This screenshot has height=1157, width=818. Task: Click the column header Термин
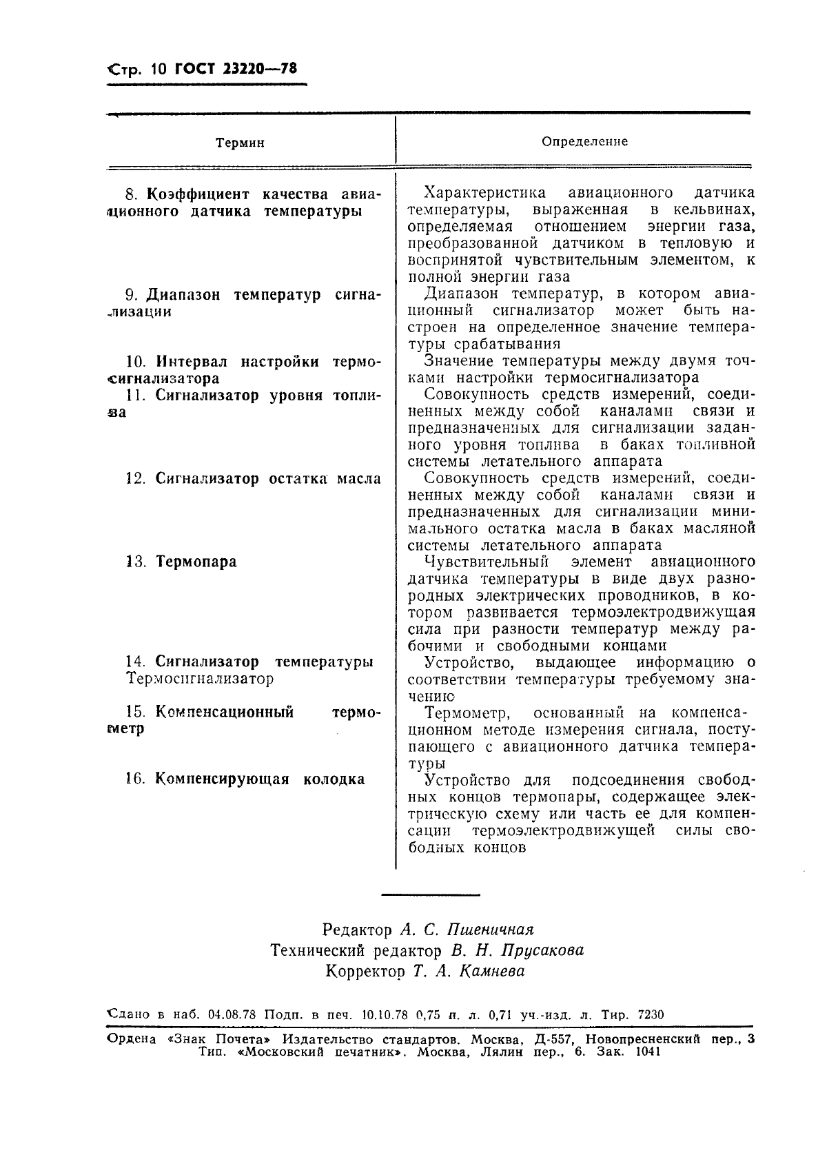tap(240, 143)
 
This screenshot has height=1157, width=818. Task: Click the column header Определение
tap(584, 141)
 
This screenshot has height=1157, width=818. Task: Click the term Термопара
tap(196, 562)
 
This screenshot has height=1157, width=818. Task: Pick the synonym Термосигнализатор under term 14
tap(200, 679)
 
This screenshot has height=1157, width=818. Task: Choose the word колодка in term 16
tap(334, 779)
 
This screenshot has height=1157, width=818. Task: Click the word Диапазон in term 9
tap(185, 295)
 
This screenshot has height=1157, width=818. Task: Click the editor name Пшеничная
tap(491, 930)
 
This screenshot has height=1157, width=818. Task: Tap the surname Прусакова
tap(542, 951)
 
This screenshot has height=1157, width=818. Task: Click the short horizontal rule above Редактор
tap(430, 895)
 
